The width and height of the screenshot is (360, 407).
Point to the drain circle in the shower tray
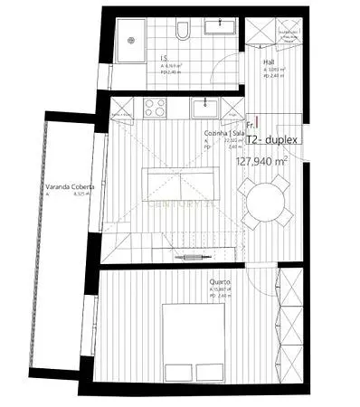coord(132,39)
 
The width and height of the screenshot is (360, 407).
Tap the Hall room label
coord(269,62)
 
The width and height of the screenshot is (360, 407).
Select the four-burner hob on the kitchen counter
coord(152,108)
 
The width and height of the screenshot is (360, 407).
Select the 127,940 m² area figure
coord(261,161)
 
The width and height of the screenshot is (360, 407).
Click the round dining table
coord(264,200)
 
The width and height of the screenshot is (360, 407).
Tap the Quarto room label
coord(219,282)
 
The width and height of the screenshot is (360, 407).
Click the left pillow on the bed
coord(178,316)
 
